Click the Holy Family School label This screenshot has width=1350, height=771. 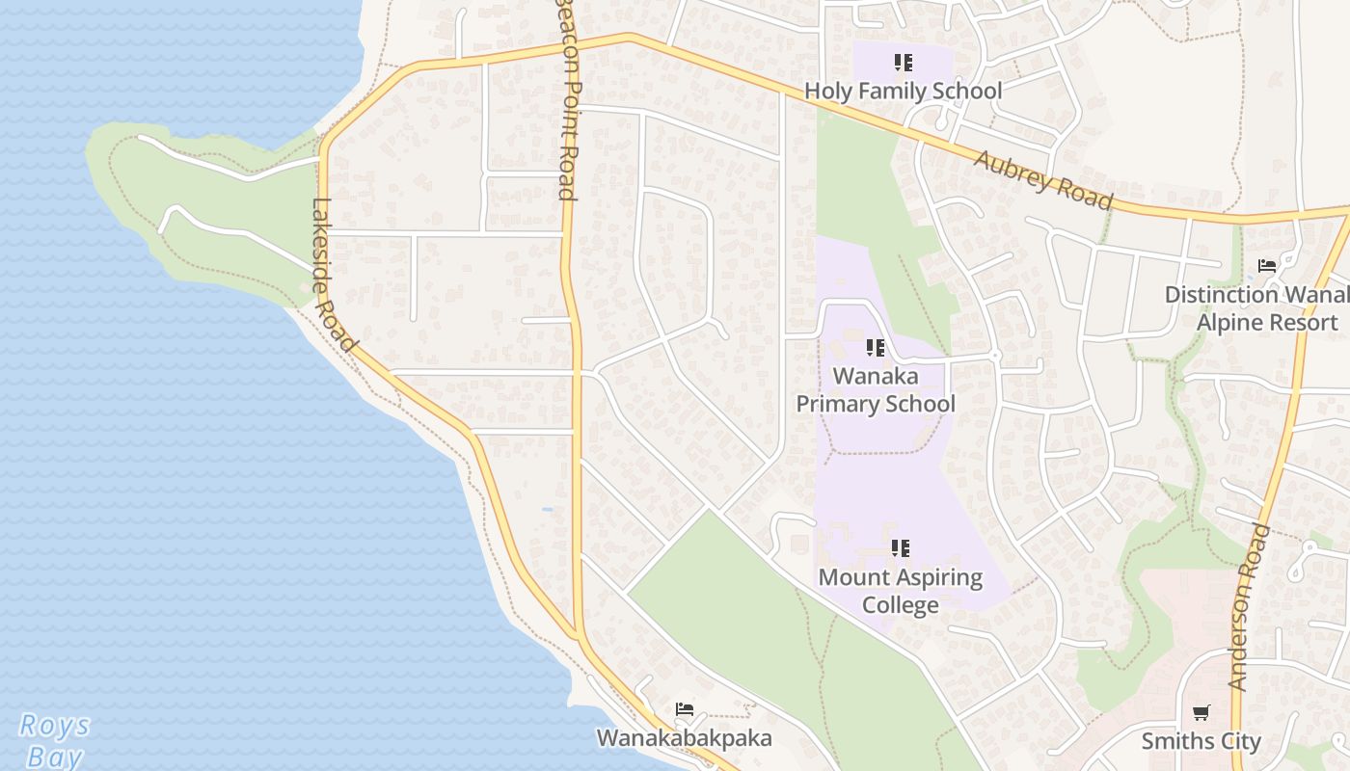[904, 92]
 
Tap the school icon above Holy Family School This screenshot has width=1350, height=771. [903, 64]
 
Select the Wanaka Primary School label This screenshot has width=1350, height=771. [876, 389]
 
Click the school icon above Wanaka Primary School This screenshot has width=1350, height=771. [875, 348]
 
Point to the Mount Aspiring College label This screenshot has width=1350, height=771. [901, 591]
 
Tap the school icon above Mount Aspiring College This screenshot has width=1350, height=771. [900, 549]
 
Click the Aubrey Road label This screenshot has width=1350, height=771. [1043, 180]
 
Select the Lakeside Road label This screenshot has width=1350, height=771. [334, 276]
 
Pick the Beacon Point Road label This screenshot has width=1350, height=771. [567, 101]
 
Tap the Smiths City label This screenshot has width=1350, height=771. [1201, 741]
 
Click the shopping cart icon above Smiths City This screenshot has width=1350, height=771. [1201, 713]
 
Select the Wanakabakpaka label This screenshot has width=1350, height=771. [685, 738]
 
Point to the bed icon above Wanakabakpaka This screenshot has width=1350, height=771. [685, 710]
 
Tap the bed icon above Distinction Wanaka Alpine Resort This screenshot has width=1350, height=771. [1267, 266]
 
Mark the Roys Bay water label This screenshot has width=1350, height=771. [54, 740]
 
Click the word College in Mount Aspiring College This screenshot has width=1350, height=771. [901, 605]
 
